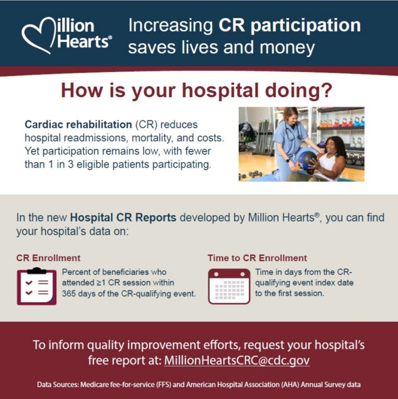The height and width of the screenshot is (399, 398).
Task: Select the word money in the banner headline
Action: pos(289,47)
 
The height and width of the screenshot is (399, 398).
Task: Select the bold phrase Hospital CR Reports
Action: pos(123,218)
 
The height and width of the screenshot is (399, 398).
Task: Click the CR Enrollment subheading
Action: pos(48,258)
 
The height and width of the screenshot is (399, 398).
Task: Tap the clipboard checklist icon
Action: pos(36,286)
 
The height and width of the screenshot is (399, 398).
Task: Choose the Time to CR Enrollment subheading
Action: pos(257,258)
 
